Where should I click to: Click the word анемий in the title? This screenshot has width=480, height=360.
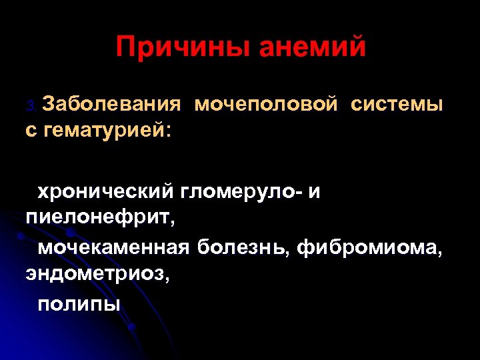coord(312,47)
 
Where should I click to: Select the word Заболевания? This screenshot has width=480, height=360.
coord(111,105)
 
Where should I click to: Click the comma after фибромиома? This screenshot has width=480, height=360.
coord(440,254)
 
